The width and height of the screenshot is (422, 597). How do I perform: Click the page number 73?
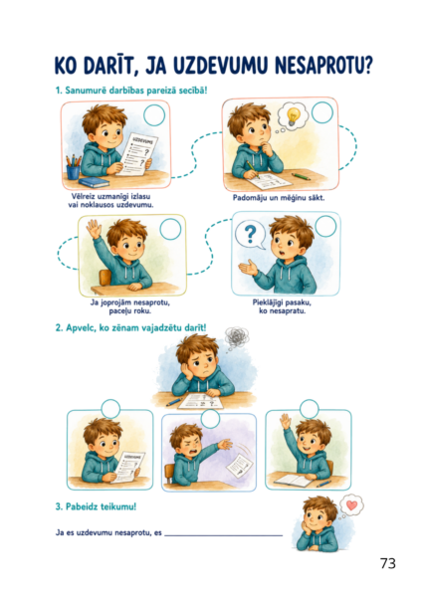point(388,563)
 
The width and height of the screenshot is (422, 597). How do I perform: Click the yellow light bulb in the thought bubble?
point(293,116)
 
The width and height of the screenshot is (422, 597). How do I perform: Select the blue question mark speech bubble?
point(250,235)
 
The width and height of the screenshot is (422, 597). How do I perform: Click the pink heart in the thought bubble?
point(352,504)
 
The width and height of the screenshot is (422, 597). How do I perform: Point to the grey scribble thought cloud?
point(237,337)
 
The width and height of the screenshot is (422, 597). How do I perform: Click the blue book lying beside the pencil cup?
point(94,182)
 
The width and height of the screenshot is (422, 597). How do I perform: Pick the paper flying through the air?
point(240,466)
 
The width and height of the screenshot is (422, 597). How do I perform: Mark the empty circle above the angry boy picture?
point(210,419)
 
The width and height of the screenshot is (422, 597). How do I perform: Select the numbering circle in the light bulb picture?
point(322,112)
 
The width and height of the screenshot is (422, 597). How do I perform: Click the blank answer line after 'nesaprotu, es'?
point(224,535)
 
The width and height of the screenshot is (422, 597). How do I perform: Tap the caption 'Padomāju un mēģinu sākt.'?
point(279,198)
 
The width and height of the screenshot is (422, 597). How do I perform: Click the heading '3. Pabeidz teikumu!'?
point(96,506)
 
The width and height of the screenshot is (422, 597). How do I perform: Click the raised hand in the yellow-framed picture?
point(94,229)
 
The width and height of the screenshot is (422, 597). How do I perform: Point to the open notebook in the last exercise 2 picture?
point(294,480)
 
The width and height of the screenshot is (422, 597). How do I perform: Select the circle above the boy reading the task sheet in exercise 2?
point(110,409)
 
